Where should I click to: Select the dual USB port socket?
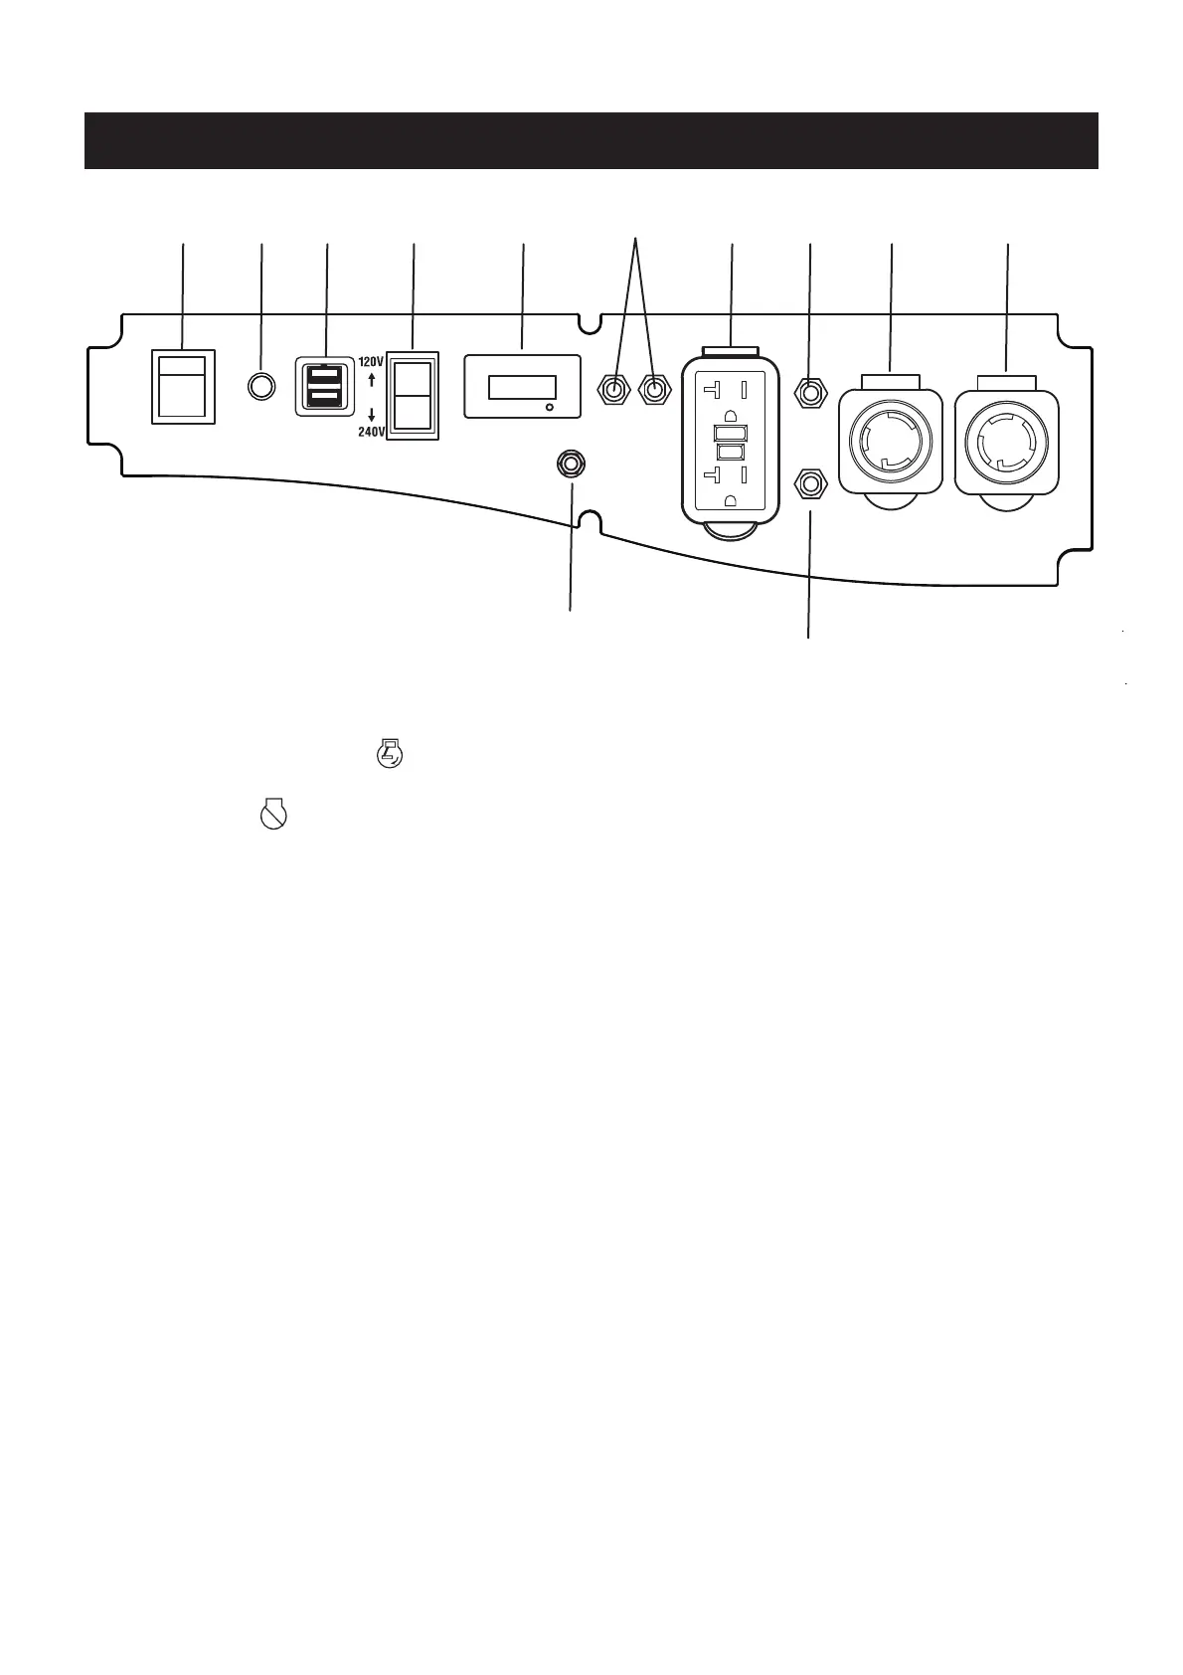click(x=325, y=386)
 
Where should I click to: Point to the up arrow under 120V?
click(x=371, y=380)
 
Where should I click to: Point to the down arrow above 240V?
click(x=371, y=414)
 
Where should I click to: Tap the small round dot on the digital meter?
click(x=550, y=408)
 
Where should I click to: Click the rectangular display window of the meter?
click(x=522, y=386)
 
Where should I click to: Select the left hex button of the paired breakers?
click(x=615, y=389)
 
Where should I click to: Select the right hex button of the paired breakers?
click(x=653, y=389)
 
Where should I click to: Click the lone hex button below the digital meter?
click(x=572, y=465)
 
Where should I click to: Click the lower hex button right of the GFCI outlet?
click(x=811, y=484)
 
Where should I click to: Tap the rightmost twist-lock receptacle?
click(x=1005, y=440)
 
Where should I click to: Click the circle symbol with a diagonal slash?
click(x=272, y=816)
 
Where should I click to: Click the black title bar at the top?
click(x=591, y=140)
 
